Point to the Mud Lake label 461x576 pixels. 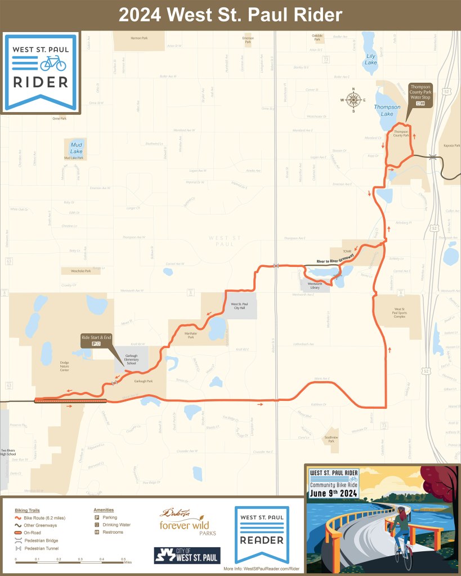(76, 148)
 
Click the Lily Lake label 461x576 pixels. (371, 59)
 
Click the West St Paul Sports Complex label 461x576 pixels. (400, 312)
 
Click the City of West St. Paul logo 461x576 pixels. (187, 555)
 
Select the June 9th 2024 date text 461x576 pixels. (333, 494)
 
